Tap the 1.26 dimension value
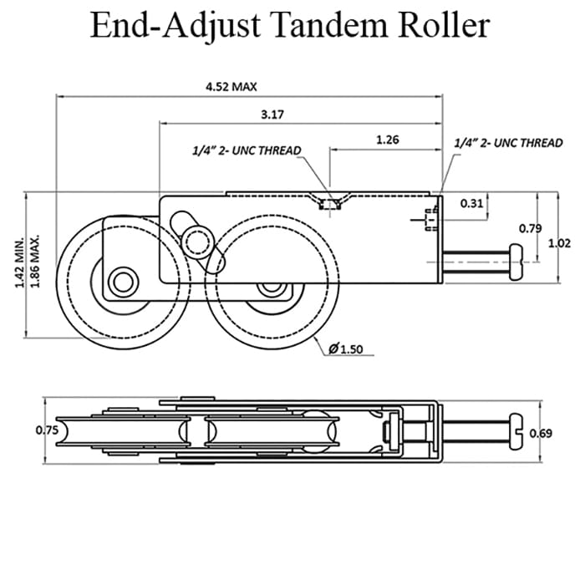pyautogui.click(x=387, y=140)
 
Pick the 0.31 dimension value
pyautogui.click(x=472, y=202)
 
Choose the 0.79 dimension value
pyautogui.click(x=529, y=227)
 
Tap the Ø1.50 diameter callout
pyautogui.click(x=344, y=349)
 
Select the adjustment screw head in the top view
pyautogui.click(x=516, y=432)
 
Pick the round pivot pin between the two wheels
pyautogui.click(x=199, y=242)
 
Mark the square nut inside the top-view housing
pyautogui.click(x=389, y=432)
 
